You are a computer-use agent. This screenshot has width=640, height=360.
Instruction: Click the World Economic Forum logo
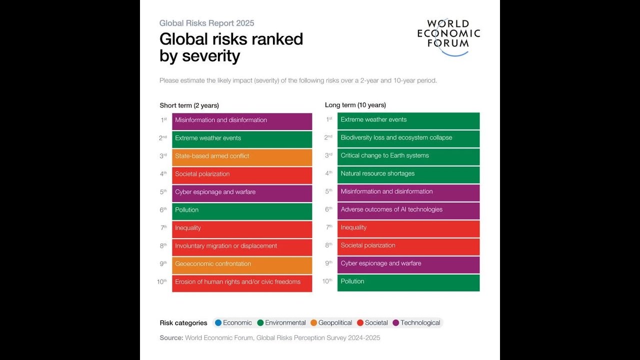point(448,36)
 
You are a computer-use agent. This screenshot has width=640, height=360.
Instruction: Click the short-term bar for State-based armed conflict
point(242,156)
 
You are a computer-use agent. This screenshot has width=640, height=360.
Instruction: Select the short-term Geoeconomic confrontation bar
point(242,264)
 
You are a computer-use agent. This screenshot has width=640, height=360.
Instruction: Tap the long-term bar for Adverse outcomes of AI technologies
point(408,210)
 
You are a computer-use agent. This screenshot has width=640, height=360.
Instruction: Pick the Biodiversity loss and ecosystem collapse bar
point(408,138)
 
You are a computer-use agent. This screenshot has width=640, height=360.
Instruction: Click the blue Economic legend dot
point(218,323)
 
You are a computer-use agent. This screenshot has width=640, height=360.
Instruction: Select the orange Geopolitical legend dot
point(313,323)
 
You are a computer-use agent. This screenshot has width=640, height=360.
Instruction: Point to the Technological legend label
point(420,323)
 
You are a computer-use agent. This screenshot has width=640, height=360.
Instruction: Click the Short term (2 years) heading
point(189,105)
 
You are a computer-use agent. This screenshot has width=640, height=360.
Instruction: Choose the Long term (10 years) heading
point(355,105)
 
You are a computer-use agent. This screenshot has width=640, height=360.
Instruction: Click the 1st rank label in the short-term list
point(163,120)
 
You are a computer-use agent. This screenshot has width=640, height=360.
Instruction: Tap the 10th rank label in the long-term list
point(327,281)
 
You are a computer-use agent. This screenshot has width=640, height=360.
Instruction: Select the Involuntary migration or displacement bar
point(242,246)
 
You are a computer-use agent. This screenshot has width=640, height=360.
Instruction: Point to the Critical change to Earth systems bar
point(408,156)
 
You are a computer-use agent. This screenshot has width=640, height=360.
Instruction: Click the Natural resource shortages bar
point(408,174)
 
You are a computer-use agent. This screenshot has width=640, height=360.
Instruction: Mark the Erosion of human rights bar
point(242,282)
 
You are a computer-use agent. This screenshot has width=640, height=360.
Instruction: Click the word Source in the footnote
point(171,338)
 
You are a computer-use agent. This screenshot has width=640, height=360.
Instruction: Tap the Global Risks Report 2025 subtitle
point(206,23)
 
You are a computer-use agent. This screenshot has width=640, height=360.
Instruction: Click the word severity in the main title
point(210,56)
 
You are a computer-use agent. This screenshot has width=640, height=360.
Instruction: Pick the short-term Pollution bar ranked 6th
point(242,210)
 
